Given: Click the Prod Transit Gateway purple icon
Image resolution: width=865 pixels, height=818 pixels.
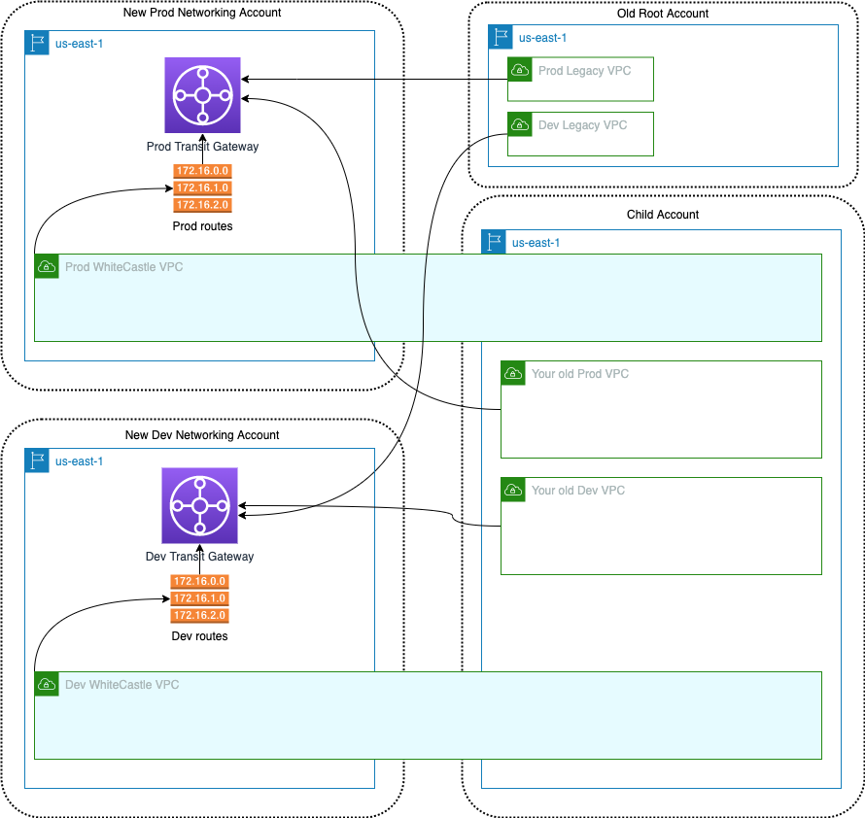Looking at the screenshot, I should [202, 94].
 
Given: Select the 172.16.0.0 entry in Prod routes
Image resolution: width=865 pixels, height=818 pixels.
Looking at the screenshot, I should [202, 171].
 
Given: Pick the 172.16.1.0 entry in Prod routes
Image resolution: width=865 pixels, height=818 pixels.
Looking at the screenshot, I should [202, 187].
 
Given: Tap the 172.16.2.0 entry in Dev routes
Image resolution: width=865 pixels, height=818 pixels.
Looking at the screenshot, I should [199, 616].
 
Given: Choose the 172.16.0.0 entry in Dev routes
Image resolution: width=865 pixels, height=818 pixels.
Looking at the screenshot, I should [199, 581].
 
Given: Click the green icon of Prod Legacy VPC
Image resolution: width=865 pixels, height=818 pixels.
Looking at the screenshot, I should [520, 69].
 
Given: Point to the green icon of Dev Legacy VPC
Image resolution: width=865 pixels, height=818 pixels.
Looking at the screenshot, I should [520, 124].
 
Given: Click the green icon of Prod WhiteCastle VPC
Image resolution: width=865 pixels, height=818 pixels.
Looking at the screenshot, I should [47, 266].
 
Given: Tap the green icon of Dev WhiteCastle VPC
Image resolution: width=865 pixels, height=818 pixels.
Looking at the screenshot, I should [47, 684].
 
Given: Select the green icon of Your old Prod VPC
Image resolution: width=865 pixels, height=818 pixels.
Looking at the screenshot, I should [513, 373].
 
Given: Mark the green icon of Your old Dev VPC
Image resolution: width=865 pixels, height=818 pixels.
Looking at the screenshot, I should [513, 490].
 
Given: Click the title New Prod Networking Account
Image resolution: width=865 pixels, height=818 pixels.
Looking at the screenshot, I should [202, 13].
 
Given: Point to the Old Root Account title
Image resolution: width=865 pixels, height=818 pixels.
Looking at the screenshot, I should [663, 14].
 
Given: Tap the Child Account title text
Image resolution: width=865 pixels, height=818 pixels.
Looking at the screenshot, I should [663, 215].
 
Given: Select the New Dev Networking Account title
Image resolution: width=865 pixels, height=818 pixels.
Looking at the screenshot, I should [202, 435].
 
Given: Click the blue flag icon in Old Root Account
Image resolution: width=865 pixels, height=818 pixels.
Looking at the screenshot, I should [501, 38].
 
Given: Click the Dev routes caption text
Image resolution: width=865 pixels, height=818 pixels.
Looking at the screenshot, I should [199, 636].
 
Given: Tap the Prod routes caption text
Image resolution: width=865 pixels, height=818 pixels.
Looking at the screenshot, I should [202, 226].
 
